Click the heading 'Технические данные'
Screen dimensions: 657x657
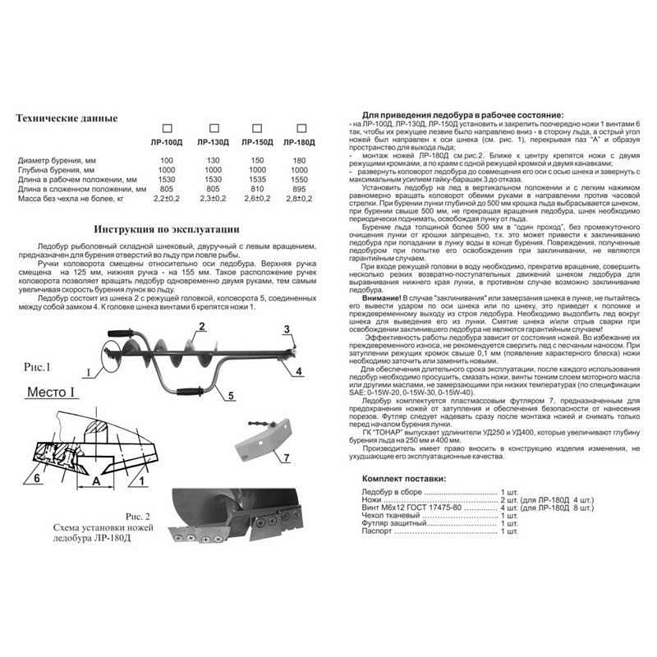67,118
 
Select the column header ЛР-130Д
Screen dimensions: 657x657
214,142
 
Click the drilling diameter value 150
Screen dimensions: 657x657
256,159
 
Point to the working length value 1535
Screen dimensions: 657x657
256,179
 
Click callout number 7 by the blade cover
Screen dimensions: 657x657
285,455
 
